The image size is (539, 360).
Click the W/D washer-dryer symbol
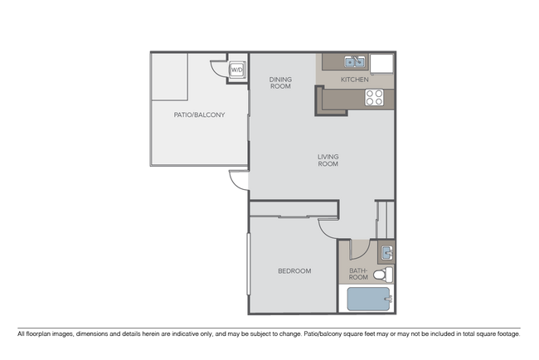pos(236,71)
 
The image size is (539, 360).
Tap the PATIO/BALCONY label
pos(199,115)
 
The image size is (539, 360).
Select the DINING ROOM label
pos(280,83)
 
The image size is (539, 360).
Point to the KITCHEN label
pos(355,80)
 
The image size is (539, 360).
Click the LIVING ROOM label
pos(328,160)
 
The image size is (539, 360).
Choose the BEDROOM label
pos(294,271)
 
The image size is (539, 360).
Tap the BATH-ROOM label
pos(357,274)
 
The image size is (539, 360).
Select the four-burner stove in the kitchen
pos(375,97)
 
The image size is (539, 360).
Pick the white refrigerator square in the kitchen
pos(382,62)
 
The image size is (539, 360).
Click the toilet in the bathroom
pos(381,275)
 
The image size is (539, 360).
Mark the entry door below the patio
pos(239,181)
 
